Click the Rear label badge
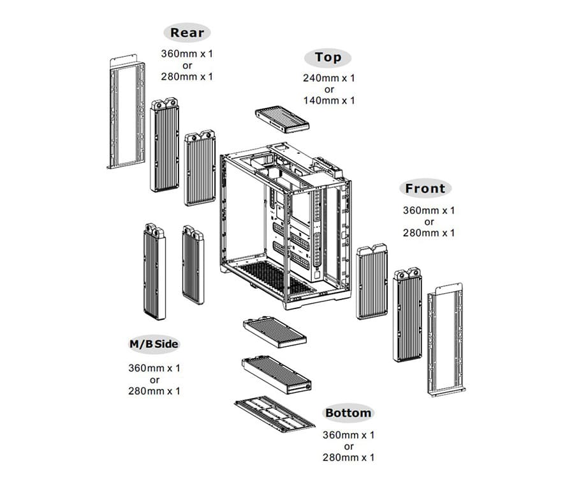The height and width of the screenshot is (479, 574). (x=187, y=33)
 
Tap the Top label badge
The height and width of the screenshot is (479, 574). (x=328, y=57)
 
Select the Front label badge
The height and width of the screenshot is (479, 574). (x=425, y=188)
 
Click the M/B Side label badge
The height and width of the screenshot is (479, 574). (x=154, y=344)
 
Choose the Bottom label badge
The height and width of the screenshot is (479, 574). (x=348, y=413)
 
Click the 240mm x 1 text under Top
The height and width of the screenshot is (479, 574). (x=328, y=79)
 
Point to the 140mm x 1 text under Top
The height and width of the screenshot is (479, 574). (x=328, y=100)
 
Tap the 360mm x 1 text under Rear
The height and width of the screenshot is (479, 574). (x=187, y=54)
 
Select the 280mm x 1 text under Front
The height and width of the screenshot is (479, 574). (x=429, y=233)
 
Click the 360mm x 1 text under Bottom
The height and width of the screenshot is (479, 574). (x=348, y=435)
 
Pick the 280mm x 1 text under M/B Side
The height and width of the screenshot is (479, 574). (x=154, y=390)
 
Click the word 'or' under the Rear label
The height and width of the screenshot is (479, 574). (x=187, y=65)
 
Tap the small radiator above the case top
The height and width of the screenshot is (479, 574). (x=282, y=119)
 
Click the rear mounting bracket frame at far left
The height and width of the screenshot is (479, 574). (x=126, y=112)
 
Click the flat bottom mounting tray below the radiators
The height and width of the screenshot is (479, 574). (x=274, y=413)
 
